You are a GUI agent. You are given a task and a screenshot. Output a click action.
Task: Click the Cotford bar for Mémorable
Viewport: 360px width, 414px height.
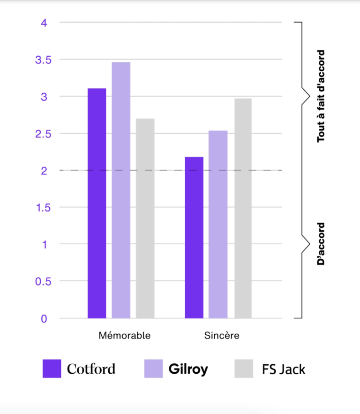[97, 203]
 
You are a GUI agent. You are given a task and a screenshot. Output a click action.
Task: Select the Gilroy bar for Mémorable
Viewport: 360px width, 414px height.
[121, 190]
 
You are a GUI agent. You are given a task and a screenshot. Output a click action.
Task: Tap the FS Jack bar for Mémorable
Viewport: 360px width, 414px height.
[145, 218]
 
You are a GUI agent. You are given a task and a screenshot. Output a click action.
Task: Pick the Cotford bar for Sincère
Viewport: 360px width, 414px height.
[194, 237]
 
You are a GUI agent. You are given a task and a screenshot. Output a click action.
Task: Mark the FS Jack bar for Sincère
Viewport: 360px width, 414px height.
[243, 208]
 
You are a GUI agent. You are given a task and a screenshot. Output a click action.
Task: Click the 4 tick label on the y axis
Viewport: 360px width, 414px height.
[44, 23]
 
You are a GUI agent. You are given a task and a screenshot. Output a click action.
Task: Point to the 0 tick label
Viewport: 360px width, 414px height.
[44, 319]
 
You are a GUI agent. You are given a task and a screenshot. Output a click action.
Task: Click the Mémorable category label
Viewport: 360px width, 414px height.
[125, 336]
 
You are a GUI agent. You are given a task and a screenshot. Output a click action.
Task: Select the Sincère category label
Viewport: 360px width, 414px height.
[222, 336]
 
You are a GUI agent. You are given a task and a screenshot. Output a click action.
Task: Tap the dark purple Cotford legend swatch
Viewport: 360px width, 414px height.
[52, 369]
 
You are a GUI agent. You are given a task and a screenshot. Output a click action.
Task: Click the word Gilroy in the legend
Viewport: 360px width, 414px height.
[188, 369]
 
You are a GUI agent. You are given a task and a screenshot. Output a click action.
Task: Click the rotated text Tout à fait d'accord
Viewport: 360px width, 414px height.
[321, 96]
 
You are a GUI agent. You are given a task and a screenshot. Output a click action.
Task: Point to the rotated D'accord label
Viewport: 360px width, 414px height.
[321, 244]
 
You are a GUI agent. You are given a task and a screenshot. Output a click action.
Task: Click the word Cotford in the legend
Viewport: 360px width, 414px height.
[91, 369]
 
